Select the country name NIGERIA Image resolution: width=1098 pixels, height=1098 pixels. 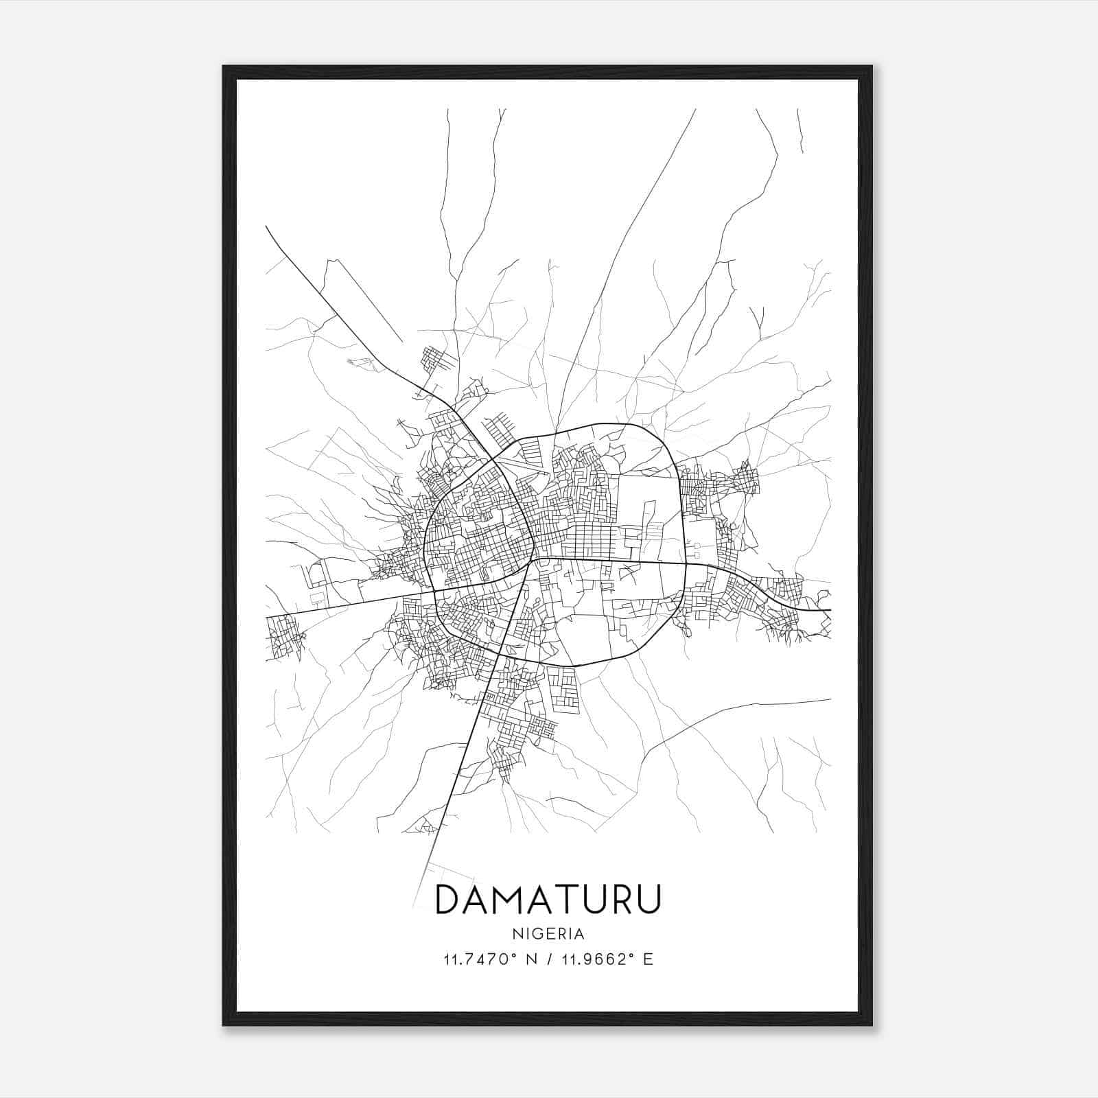click(x=548, y=933)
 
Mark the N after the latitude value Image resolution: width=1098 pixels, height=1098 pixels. click(x=529, y=959)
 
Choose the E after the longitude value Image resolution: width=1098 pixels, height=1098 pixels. click(x=649, y=959)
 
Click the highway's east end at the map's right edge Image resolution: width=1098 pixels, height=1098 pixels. click(x=829, y=609)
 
